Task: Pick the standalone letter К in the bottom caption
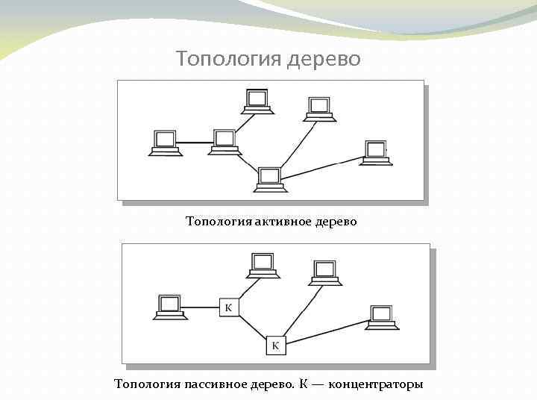pos(304,384)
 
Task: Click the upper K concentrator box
pos(229,307)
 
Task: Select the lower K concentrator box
pos(275,345)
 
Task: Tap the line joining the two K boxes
pos(252,326)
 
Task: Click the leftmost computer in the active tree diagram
pos(164,142)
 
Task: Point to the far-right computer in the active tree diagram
pos(375,153)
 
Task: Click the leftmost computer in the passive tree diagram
pos(170,307)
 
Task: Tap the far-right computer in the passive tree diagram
pos(382,317)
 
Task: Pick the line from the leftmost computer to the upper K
pos(201,307)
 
